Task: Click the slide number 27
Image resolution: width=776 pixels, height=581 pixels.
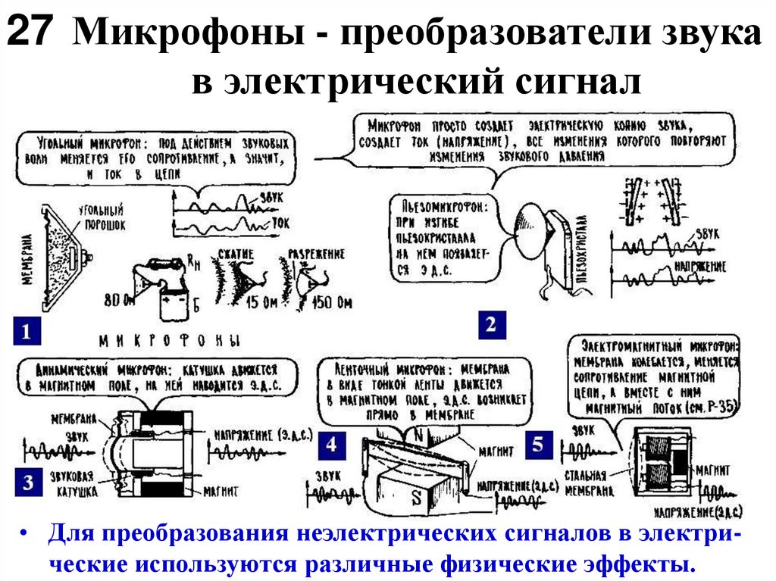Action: pos(31,36)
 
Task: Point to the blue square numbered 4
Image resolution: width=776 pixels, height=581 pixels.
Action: pos(331,445)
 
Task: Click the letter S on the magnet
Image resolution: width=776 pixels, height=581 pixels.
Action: pos(416,498)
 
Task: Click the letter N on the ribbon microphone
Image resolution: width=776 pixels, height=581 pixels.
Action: pos(418,434)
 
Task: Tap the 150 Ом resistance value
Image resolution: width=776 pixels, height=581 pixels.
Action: pos(330,305)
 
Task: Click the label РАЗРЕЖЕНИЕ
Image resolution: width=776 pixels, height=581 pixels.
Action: pos(314,253)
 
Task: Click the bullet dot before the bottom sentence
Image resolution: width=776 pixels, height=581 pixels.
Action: pos(26,535)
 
